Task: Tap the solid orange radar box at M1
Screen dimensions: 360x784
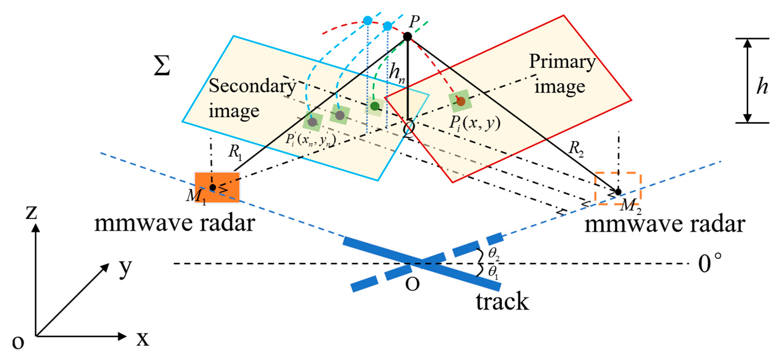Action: (217, 187)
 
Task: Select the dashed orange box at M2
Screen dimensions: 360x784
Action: (618, 188)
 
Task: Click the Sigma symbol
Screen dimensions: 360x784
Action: (162, 65)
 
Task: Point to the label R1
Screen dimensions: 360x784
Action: (235, 151)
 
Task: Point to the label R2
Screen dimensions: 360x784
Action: (576, 149)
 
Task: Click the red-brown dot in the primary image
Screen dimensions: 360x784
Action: (460, 101)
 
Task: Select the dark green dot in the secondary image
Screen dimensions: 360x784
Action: (375, 106)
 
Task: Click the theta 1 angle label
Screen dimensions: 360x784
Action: (493, 272)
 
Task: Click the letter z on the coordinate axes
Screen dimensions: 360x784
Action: (31, 212)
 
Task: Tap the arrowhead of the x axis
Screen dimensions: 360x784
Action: (122, 336)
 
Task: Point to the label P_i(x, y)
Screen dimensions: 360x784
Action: (475, 123)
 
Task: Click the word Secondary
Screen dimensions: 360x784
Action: (252, 86)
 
